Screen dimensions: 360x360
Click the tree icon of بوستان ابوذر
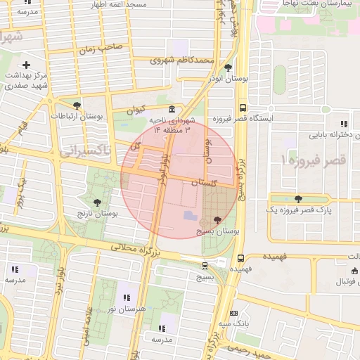click(229, 68)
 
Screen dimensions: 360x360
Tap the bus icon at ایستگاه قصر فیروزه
click(243, 108)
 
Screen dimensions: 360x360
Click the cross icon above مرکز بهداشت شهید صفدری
click(26, 65)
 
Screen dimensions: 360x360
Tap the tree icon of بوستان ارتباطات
click(77, 105)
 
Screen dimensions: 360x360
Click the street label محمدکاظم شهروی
click(181, 61)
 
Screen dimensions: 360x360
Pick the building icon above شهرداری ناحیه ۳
click(172, 111)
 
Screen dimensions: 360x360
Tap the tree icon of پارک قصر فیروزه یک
click(300, 199)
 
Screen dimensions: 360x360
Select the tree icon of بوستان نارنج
click(97, 202)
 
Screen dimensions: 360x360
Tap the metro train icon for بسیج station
click(205, 266)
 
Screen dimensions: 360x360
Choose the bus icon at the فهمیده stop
click(241, 258)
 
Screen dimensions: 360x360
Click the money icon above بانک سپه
click(234, 313)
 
